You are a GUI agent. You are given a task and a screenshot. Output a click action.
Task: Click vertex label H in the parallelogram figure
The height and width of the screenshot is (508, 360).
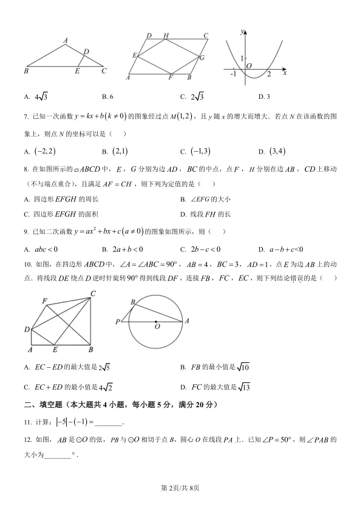coord(166,36)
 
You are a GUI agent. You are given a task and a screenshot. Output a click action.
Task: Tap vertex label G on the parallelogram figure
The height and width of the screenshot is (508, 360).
coord(202,58)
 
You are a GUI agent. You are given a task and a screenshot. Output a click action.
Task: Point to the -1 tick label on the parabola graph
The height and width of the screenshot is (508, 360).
coord(233,73)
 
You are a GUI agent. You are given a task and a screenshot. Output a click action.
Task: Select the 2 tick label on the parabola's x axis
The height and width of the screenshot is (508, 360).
coord(268,74)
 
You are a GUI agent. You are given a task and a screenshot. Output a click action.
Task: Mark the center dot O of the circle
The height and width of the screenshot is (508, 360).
coord(156,322)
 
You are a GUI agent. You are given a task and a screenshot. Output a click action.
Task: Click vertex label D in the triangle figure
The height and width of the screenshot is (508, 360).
coord(86,52)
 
